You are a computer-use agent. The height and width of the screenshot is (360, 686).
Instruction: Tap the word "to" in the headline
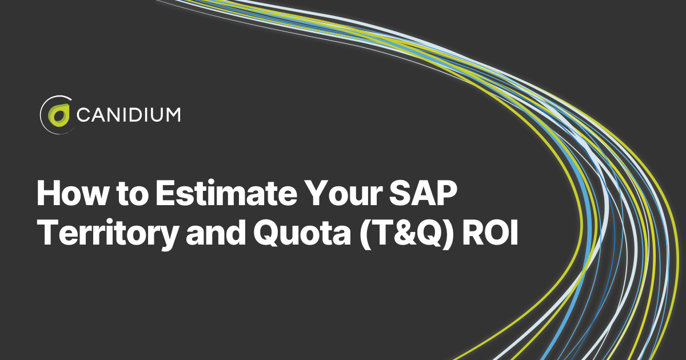[133, 194]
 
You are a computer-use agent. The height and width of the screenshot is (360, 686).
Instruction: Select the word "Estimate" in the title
[226, 194]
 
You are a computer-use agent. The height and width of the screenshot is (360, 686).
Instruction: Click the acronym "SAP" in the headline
[424, 193]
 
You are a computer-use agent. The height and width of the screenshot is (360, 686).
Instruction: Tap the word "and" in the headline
[216, 233]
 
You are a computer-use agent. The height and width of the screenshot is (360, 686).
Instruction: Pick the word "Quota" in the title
[302, 233]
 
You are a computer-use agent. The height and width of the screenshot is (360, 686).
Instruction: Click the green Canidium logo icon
[58, 115]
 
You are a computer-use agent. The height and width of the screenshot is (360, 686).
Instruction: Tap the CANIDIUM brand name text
[128, 115]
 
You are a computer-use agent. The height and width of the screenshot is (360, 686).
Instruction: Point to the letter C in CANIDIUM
[83, 115]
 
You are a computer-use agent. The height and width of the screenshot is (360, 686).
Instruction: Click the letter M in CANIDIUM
[173, 115]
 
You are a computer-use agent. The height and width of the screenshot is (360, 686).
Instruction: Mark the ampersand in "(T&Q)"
[402, 233]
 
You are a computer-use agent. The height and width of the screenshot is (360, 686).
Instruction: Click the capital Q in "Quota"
[266, 233]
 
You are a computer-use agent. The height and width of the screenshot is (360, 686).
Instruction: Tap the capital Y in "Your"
[316, 193]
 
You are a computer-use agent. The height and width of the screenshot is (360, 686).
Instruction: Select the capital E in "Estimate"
[166, 193]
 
